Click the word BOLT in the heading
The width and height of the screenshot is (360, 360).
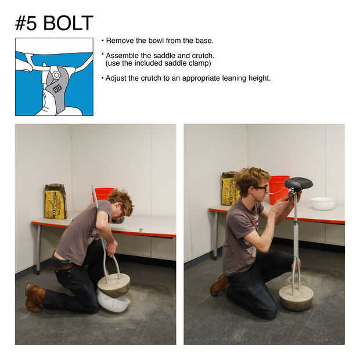[x=68, y=23]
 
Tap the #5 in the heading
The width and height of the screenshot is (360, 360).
[x=26, y=23]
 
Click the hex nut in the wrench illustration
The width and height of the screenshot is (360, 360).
[x=56, y=75]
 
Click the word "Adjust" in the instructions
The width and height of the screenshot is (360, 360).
[x=116, y=78]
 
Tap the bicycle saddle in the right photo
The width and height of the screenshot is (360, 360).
[x=298, y=183]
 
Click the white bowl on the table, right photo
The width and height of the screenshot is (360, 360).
[x=323, y=203]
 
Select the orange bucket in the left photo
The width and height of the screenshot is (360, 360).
[x=103, y=194]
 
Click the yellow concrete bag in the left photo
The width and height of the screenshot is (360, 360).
[x=56, y=201]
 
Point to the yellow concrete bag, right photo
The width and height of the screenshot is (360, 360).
[x=230, y=189]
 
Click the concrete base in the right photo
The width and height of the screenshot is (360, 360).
[x=296, y=297]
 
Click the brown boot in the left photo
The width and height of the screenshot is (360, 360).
[x=35, y=298]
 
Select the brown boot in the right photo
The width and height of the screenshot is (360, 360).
[x=220, y=285]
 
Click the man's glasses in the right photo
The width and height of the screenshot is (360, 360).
[x=261, y=188]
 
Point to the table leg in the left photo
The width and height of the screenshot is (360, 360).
[x=38, y=249]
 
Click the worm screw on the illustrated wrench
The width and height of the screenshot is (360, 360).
[x=57, y=88]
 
